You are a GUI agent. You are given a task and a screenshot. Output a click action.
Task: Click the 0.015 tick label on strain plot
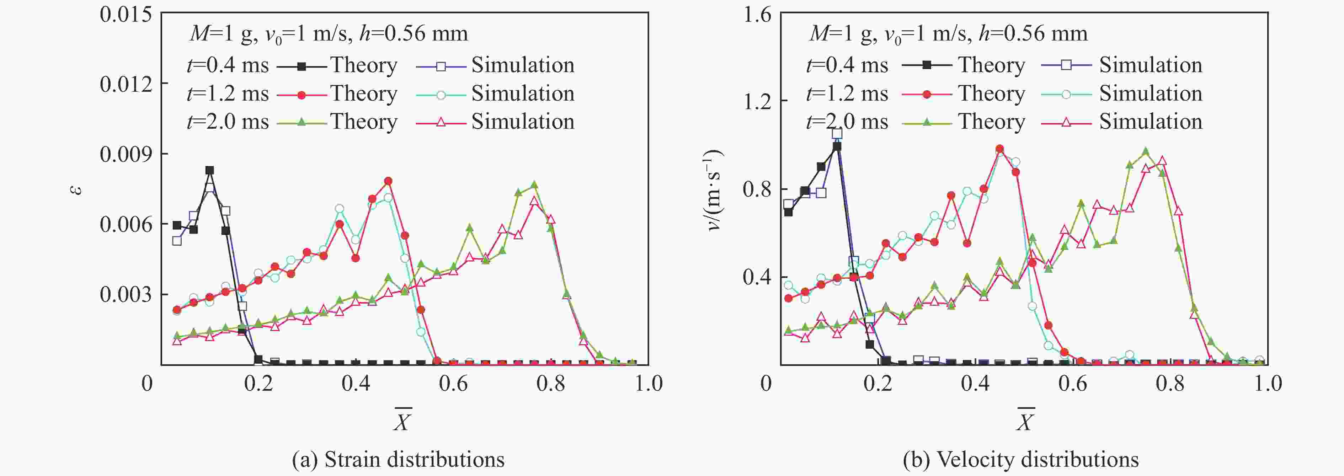pyautogui.click(x=126, y=14)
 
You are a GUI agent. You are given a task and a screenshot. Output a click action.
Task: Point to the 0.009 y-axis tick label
pyautogui.click(x=126, y=154)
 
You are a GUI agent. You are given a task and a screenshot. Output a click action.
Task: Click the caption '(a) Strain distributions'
pyautogui.click(x=398, y=459)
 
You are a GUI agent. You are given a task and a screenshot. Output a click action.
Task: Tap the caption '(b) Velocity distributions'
pyautogui.click(x=1020, y=459)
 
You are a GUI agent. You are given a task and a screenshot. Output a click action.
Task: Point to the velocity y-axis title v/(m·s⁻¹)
pyautogui.click(x=714, y=190)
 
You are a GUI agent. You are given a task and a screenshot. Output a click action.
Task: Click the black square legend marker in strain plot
pyautogui.click(x=301, y=66)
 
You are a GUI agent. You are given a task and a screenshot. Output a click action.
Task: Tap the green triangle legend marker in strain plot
pyautogui.click(x=301, y=122)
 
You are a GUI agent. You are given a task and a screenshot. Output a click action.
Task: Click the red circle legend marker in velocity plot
pyautogui.click(x=927, y=94)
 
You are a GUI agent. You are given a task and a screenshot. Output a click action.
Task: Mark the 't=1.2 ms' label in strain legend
pyautogui.click(x=228, y=94)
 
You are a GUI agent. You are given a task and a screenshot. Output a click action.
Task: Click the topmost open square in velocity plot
pyautogui.click(x=837, y=133)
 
